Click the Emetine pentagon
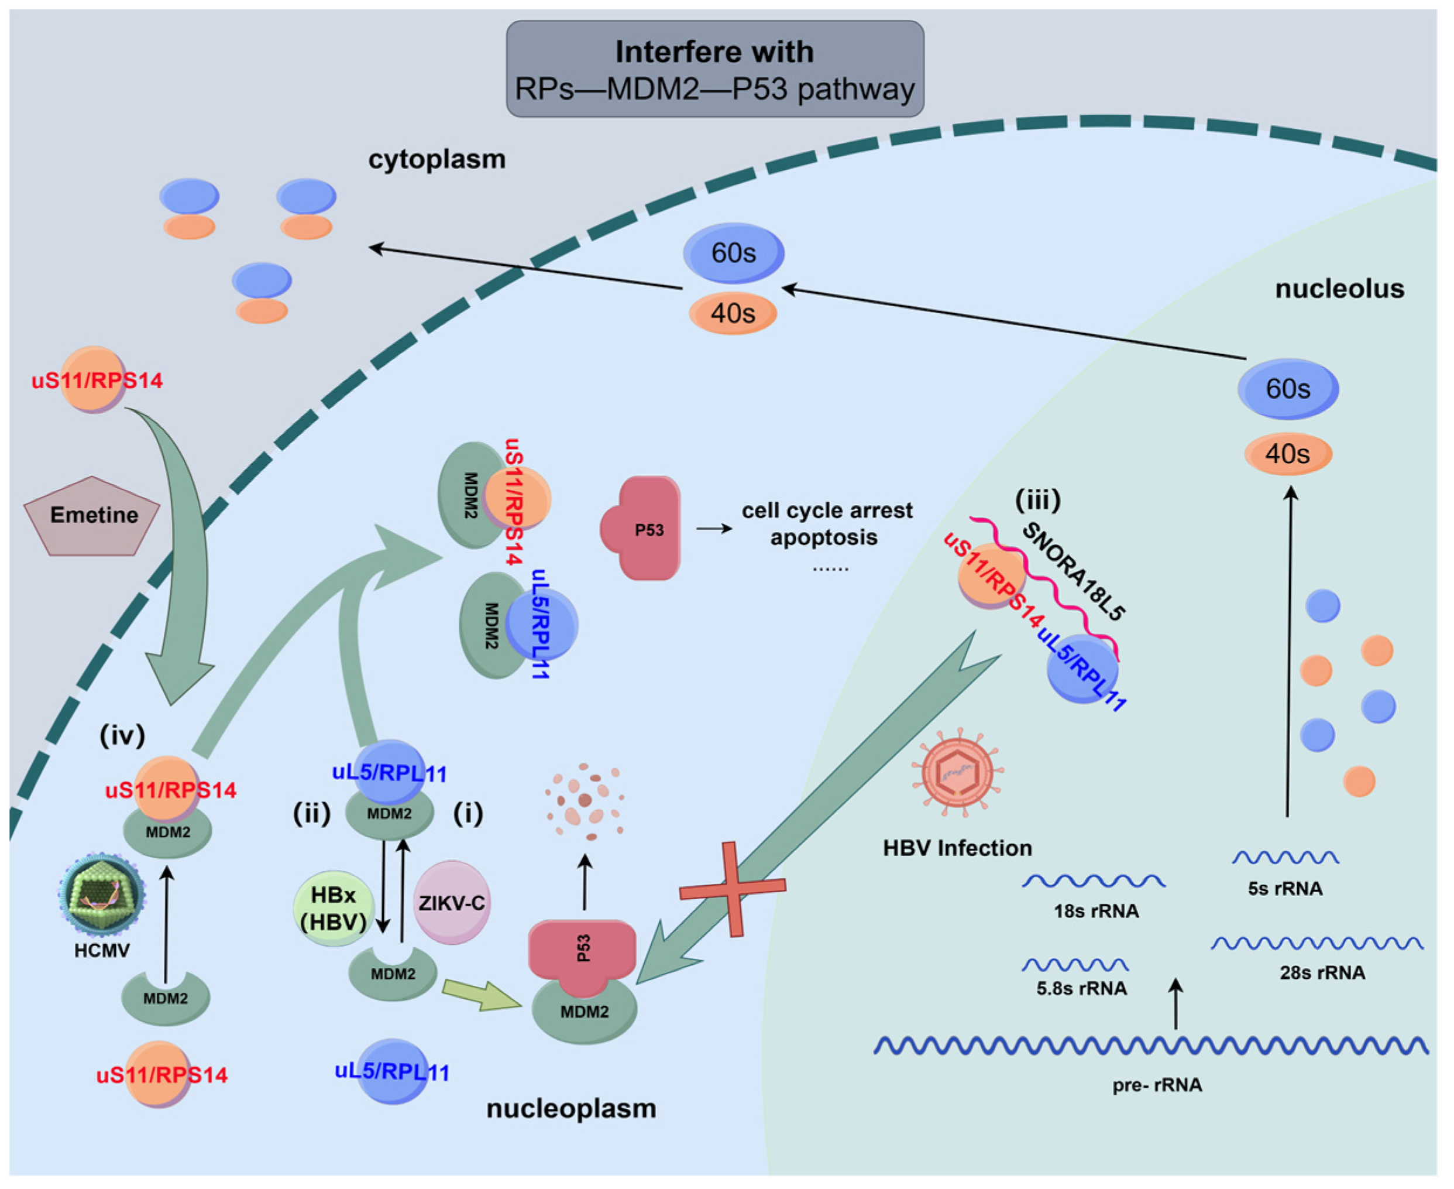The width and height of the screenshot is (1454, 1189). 92,516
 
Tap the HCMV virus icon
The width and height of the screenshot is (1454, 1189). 101,894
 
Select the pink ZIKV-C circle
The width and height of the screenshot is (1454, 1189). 452,903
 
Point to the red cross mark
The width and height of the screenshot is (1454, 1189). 733,888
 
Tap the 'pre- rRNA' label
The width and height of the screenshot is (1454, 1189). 1157,1085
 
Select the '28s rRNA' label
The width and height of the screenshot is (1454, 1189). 1322,972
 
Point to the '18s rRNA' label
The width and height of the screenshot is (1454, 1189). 1096,911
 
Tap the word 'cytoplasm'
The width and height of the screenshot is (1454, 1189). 436,159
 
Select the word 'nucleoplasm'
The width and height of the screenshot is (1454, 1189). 571,1108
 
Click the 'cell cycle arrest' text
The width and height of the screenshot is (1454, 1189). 827,510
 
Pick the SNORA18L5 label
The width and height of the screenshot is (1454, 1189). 1075,571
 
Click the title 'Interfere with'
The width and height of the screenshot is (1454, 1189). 714,52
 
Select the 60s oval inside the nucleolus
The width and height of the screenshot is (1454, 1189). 1288,388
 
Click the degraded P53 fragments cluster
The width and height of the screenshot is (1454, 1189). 584,801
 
